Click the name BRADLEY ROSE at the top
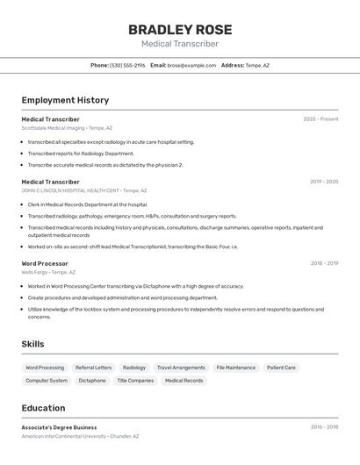pos(179,30)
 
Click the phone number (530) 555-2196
pos(127,65)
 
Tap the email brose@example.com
pos(191,65)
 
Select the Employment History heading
pos(65,100)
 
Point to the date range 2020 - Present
pos(320,119)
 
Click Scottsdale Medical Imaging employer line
pos(67,128)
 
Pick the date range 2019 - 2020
pos(323,182)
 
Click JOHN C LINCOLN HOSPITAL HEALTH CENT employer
pos(83,190)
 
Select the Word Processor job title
pos(45,263)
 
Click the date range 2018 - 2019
pos(323,263)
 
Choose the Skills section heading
pos(32,344)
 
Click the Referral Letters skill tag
pos(93,368)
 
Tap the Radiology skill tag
pos(134,368)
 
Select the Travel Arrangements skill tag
pos(181,368)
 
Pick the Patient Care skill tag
pos(281,368)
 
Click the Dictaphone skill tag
pos(92,381)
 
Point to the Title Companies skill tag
pos(135,381)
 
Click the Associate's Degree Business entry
pos(59,427)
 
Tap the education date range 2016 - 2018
pos(324,427)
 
